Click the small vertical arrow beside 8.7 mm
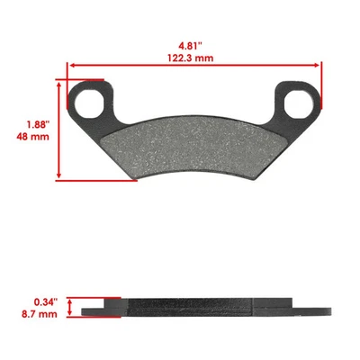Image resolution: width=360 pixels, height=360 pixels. [x=72, y=307]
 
